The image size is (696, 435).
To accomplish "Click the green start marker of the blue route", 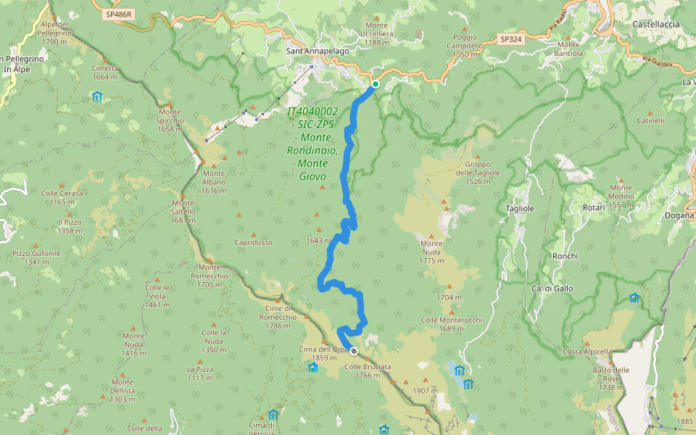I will coord(376,85).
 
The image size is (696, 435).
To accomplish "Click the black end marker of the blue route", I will coord(354,351).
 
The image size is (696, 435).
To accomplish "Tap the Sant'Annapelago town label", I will coord(318,51).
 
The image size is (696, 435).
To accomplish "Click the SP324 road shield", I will coord(511,39).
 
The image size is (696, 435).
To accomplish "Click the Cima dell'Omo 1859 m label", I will coord(318,353).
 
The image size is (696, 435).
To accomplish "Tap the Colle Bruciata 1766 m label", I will coord(368,370).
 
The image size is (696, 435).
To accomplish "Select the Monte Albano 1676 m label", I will coord(215,178).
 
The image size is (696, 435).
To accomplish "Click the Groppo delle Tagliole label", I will coord(478,173).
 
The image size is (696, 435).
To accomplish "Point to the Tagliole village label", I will coord(520,208).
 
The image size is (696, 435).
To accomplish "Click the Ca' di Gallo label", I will coord(552,289).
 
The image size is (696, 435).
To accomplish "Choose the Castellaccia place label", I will coord(655,24).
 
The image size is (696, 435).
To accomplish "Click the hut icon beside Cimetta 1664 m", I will coord(97,96).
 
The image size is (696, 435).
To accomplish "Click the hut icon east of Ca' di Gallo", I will coord(634,297).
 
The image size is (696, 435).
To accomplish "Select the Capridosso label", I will coord(253,242).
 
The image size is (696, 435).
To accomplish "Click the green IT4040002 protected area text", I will coord(312,144).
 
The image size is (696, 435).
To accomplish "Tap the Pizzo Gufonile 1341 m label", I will coord(36,257).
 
